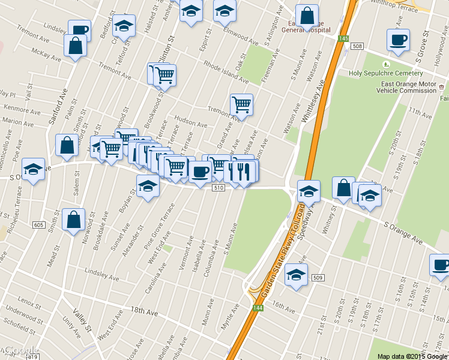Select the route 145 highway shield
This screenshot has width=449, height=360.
(x=343, y=38)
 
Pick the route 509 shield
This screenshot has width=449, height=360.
(x=318, y=277)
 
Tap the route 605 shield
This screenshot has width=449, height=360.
(x=39, y=225)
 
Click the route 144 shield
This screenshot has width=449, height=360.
(x=258, y=308)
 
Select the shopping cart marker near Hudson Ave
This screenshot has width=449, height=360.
(x=241, y=105)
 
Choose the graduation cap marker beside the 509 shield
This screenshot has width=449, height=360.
(x=296, y=274)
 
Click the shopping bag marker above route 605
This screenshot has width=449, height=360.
(x=73, y=219)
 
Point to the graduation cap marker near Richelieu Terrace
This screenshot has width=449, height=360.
(x=34, y=169)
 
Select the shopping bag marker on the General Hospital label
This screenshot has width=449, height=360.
(x=307, y=16)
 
